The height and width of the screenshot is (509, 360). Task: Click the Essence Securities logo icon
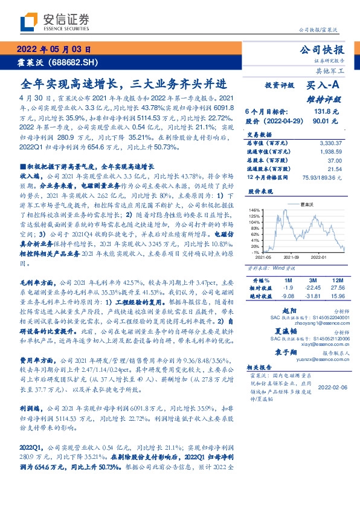click(28, 22)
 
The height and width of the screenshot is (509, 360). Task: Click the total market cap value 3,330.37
click(329, 143)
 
